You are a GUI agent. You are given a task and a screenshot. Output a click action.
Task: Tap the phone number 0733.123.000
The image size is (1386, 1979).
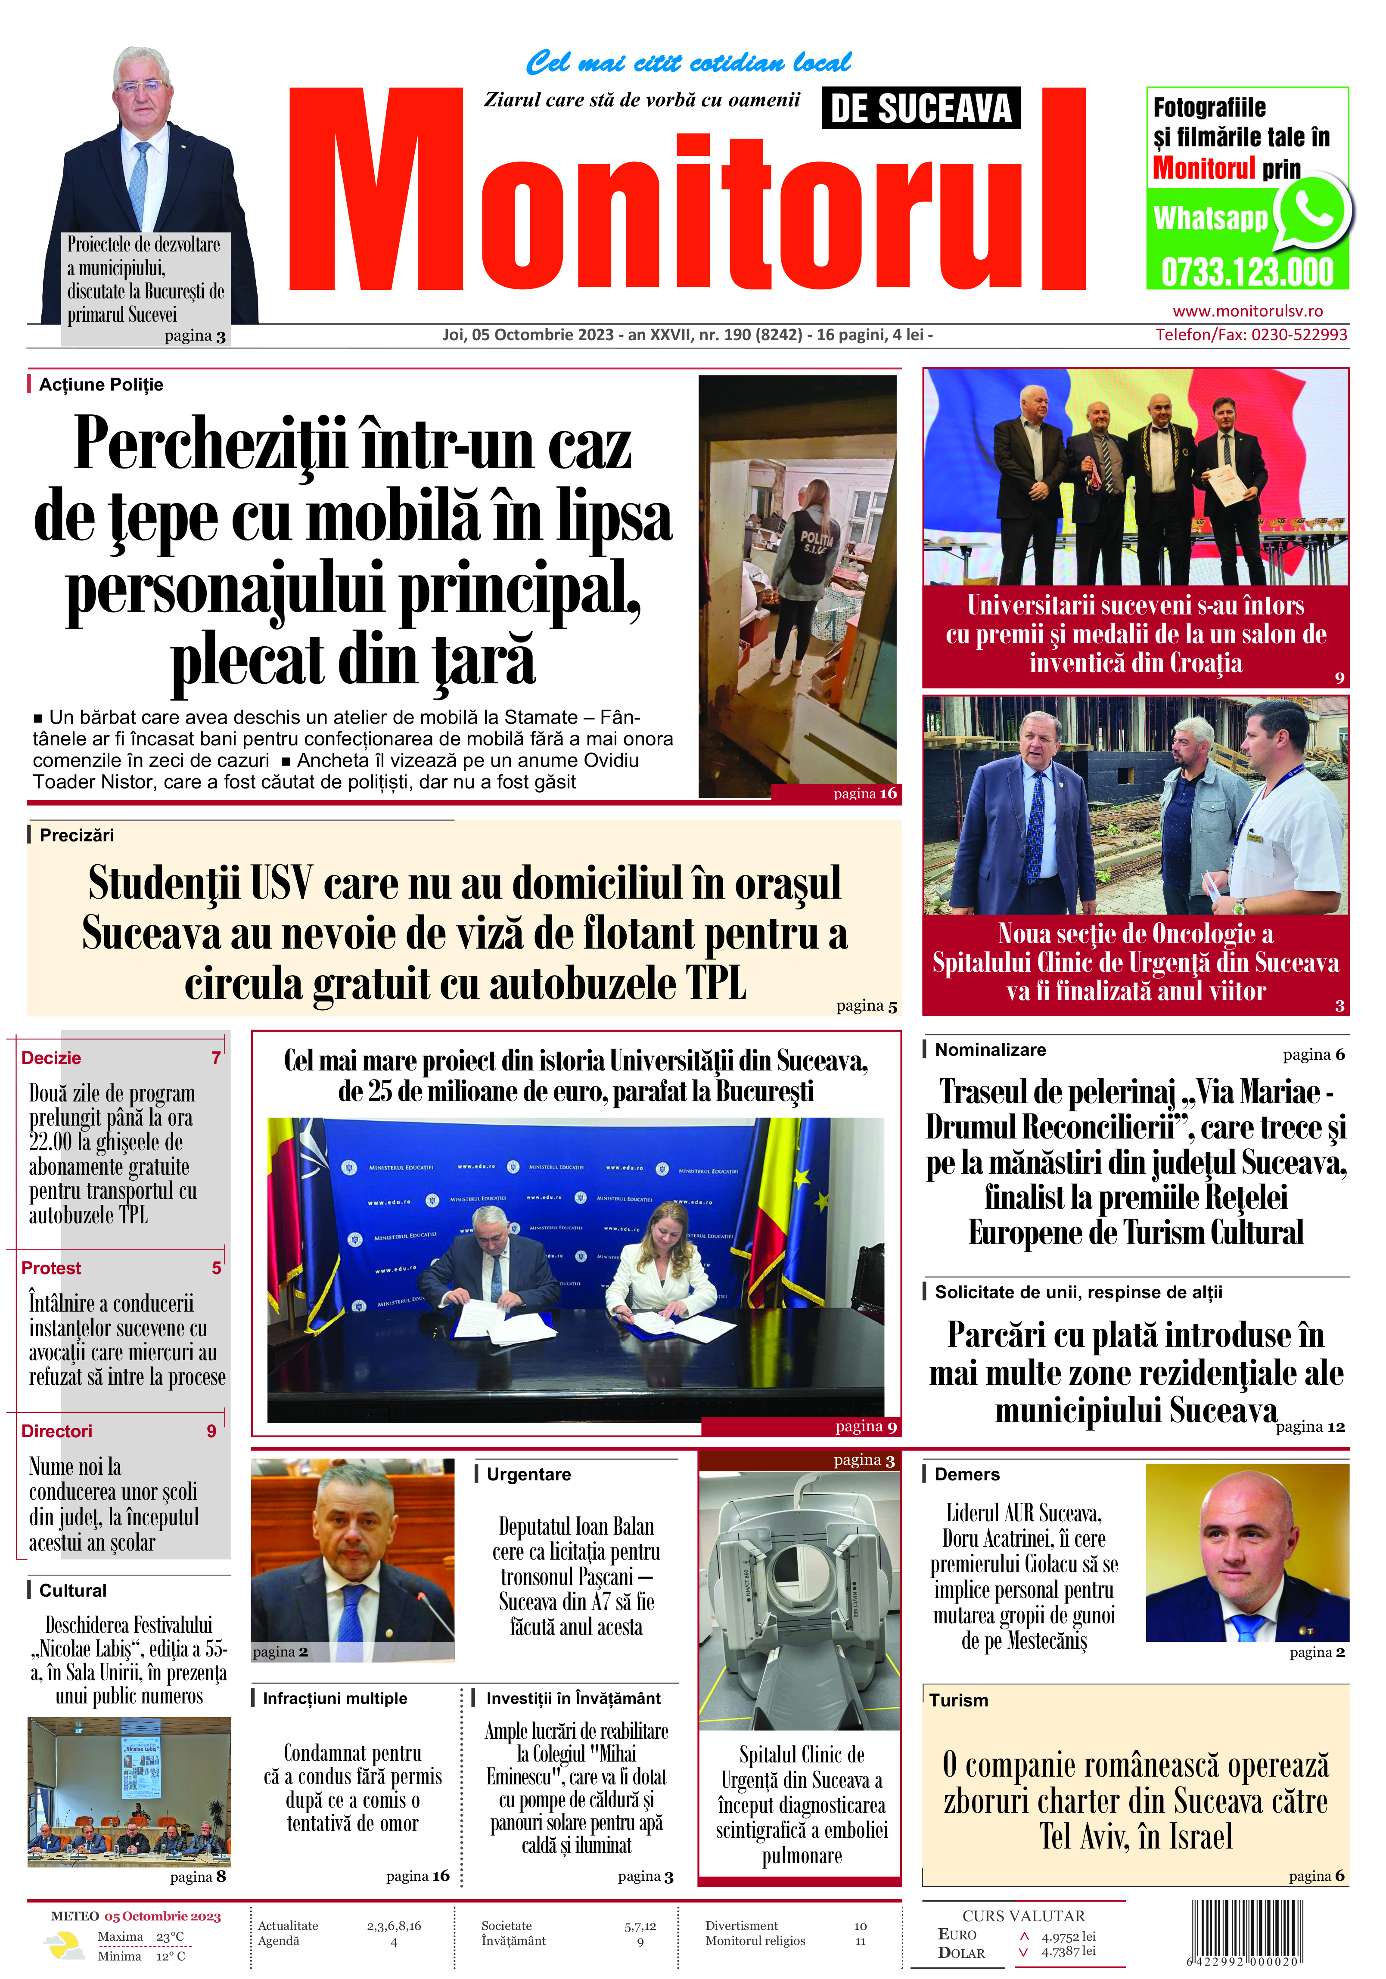[x=1247, y=273]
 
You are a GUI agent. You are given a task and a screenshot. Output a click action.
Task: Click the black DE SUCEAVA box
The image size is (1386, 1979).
[x=920, y=109]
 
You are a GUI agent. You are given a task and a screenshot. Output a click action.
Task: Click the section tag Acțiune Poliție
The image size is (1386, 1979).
[x=101, y=385]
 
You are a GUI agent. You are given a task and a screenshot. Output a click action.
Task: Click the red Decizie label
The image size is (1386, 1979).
[x=51, y=1058]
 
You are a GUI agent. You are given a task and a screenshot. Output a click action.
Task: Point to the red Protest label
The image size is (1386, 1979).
[x=51, y=1268]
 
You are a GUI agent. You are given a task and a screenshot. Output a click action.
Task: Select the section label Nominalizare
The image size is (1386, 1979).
[x=990, y=1050]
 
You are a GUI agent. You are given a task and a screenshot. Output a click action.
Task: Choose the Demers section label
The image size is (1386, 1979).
[x=967, y=1474]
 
